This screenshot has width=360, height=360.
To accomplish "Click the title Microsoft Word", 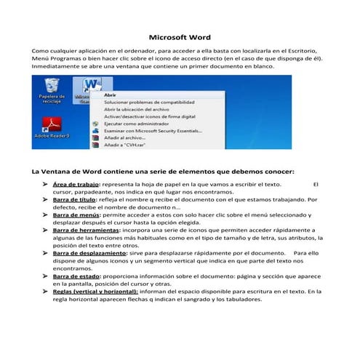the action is tap(180, 36).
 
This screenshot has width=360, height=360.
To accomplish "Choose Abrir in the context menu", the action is tap(110, 95).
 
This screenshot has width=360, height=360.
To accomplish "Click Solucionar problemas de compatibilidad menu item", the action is tap(139, 103).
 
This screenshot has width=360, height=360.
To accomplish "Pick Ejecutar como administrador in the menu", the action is tap(131, 124).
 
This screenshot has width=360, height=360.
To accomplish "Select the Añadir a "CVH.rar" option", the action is tap(121, 145).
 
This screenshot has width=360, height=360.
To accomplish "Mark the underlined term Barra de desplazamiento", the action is tap(87, 252).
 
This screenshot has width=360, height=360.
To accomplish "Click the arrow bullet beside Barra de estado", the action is tap(45, 276).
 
